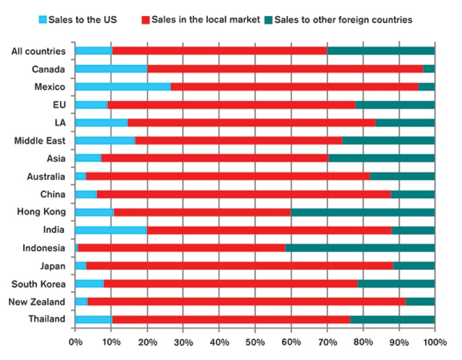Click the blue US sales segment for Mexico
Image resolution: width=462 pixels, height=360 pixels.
pos(123,87)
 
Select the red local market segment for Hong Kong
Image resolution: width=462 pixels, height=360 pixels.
pos(202,212)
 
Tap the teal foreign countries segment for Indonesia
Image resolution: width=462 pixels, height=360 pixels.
pos(360,248)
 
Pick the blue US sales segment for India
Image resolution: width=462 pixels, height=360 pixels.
pos(111,230)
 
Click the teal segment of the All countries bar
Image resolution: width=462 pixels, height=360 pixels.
pos(381,51)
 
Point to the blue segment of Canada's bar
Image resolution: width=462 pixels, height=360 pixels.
pos(111,69)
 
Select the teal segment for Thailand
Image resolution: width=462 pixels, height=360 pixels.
pos(392,320)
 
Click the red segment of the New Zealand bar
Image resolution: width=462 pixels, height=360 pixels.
pos(247,302)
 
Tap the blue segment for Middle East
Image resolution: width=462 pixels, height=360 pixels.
pos(105,140)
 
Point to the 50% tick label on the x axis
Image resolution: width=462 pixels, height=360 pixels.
pos(255,342)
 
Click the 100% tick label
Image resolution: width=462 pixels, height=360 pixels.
pos(434,342)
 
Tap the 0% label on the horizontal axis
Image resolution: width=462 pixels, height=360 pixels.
pos(76,342)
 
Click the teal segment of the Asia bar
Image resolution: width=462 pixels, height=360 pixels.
pos(381,158)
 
